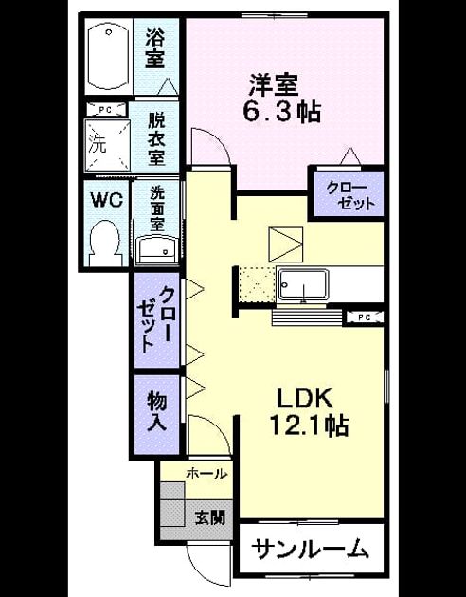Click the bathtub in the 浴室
(109, 57)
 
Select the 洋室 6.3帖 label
(282, 98)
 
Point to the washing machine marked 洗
(107, 145)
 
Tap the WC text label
(106, 200)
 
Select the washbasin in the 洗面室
(157, 250)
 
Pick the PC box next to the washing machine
(106, 110)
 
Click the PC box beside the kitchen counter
(365, 317)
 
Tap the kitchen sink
(303, 285)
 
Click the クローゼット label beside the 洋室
(350, 196)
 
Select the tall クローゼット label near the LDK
(157, 320)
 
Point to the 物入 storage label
(157, 411)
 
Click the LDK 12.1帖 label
(308, 411)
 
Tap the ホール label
(206, 474)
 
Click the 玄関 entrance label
(210, 517)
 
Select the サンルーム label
(310, 549)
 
